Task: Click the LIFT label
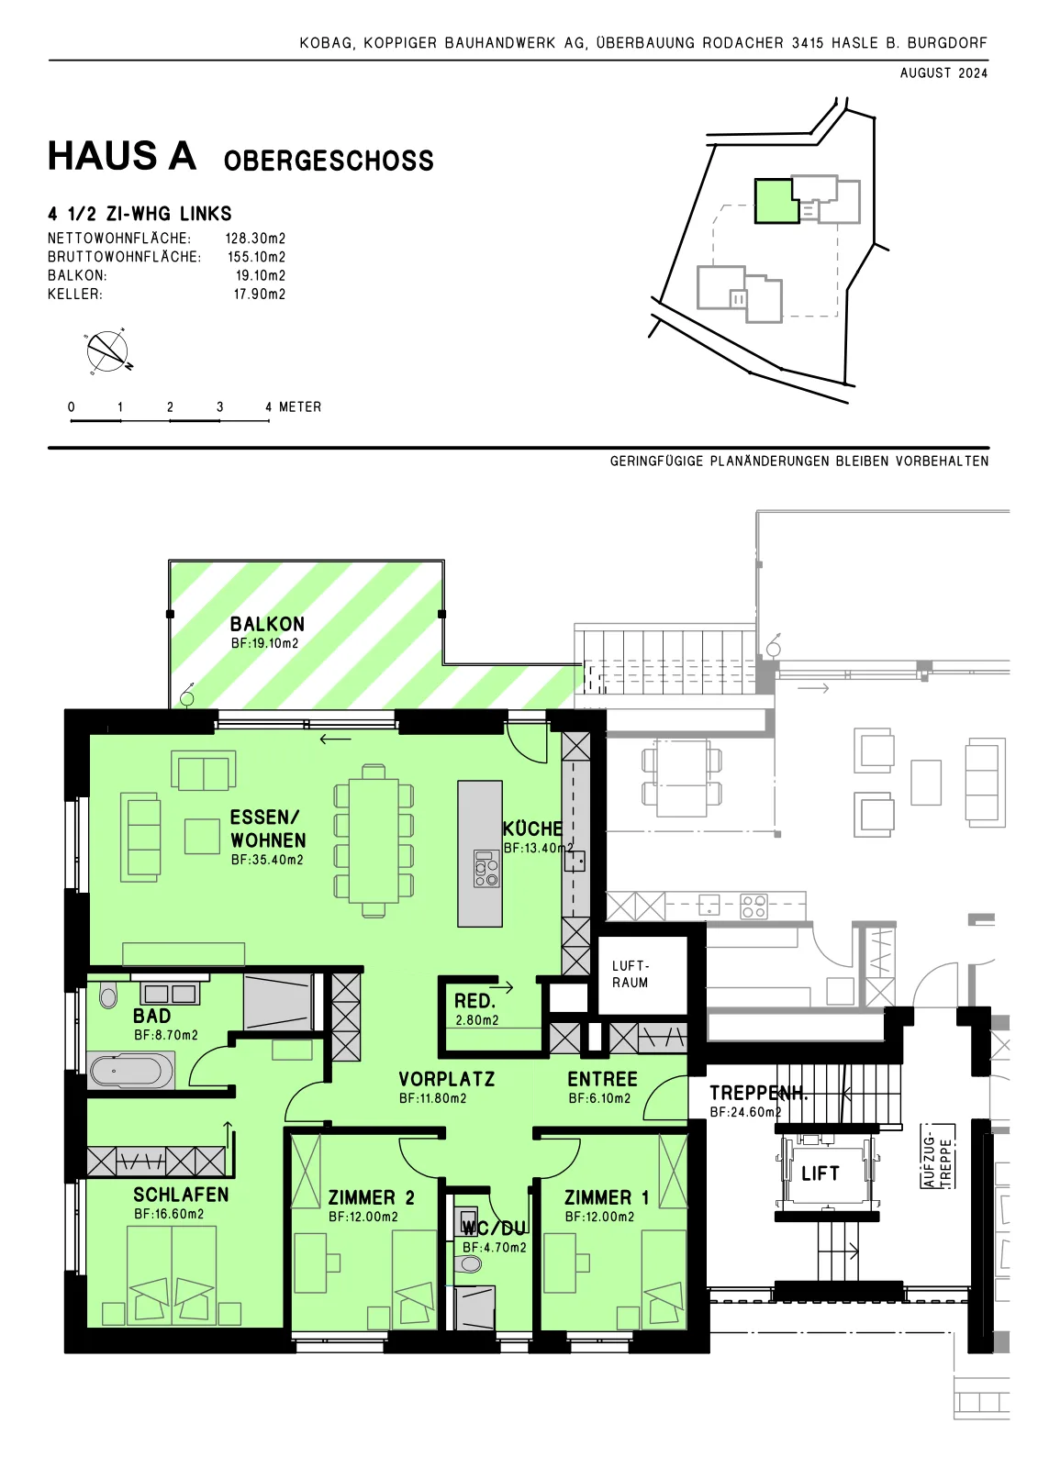[820, 1173]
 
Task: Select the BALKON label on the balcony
[267, 624]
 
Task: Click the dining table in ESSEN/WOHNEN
[374, 840]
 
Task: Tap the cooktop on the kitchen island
[486, 869]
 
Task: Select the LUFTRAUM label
[631, 973]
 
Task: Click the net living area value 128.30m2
[256, 239]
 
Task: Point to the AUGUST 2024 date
[943, 73]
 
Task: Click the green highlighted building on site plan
[776, 201]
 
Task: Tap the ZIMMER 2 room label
[371, 1198]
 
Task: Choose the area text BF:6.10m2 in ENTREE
[599, 1099]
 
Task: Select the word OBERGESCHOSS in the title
[329, 161]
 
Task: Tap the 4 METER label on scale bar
[293, 407]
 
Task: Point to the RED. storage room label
[474, 1001]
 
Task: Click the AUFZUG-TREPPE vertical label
[938, 1157]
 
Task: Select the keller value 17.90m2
[260, 295]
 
